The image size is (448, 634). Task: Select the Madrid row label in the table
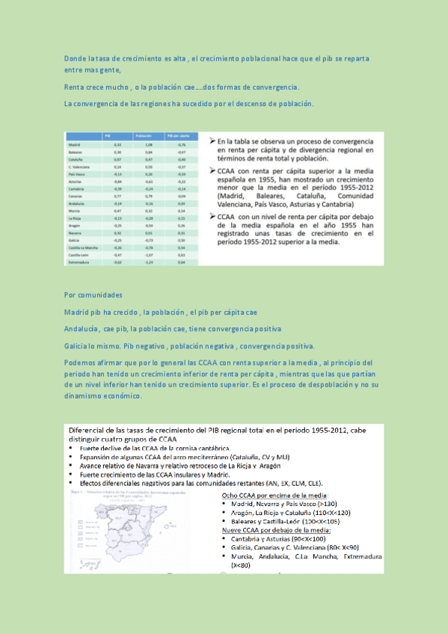point(74,144)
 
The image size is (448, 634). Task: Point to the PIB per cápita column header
point(177,135)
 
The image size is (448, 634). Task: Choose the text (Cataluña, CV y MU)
point(251,457)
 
